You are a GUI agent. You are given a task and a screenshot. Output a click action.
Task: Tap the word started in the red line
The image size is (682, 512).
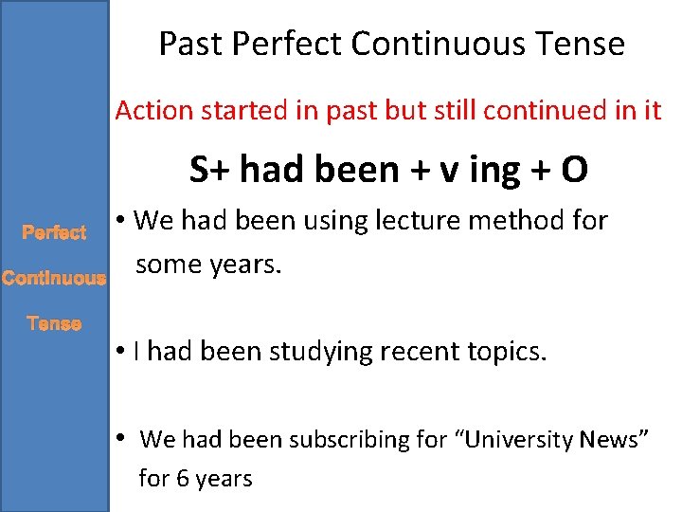point(234,111)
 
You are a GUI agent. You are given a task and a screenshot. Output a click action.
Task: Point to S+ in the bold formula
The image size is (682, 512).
point(210,170)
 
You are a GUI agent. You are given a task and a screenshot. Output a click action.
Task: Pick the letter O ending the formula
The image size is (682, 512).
point(574,170)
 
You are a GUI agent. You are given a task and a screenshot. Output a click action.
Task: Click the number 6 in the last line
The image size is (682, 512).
point(180,479)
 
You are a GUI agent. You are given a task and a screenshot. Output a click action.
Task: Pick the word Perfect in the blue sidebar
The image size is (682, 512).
point(54,232)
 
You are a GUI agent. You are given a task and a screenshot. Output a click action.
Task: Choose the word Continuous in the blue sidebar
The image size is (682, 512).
point(53,279)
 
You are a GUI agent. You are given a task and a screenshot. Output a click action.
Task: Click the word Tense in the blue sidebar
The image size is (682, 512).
point(54,324)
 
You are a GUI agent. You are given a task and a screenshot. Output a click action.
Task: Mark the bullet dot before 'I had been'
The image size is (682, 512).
point(123,353)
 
